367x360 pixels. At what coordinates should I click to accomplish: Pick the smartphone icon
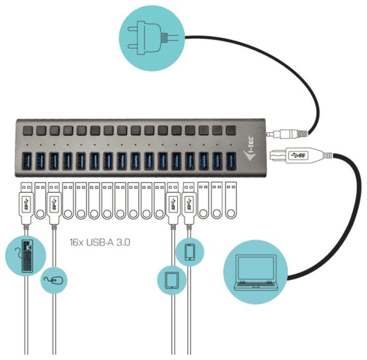tap(190, 252)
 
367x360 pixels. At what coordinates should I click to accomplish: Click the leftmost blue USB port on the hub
tap(26, 161)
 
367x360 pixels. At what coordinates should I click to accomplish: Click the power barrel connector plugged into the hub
tap(287, 134)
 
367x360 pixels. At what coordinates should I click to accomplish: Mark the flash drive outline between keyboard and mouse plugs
tap(40, 199)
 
